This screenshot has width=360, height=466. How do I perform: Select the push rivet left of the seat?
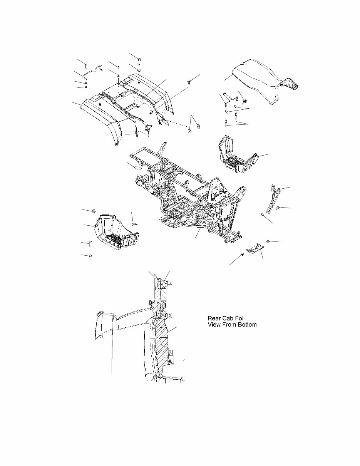click(190, 81)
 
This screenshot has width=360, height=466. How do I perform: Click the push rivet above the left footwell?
click(94, 210)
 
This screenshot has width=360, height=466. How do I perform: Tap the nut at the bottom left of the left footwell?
click(90, 256)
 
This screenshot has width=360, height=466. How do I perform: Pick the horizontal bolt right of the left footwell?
click(135, 223)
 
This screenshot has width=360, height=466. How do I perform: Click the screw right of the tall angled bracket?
click(277, 208)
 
